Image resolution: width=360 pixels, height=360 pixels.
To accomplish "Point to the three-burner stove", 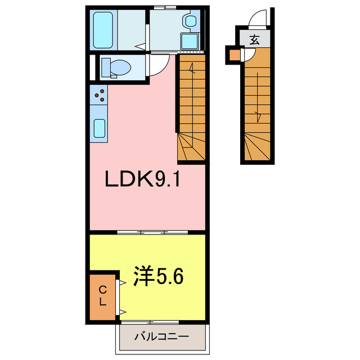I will (101, 96).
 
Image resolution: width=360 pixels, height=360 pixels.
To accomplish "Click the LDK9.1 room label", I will (142, 179).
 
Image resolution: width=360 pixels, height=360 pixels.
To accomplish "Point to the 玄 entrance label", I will (255, 40).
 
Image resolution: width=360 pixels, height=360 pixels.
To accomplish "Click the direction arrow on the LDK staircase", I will (192, 70).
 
